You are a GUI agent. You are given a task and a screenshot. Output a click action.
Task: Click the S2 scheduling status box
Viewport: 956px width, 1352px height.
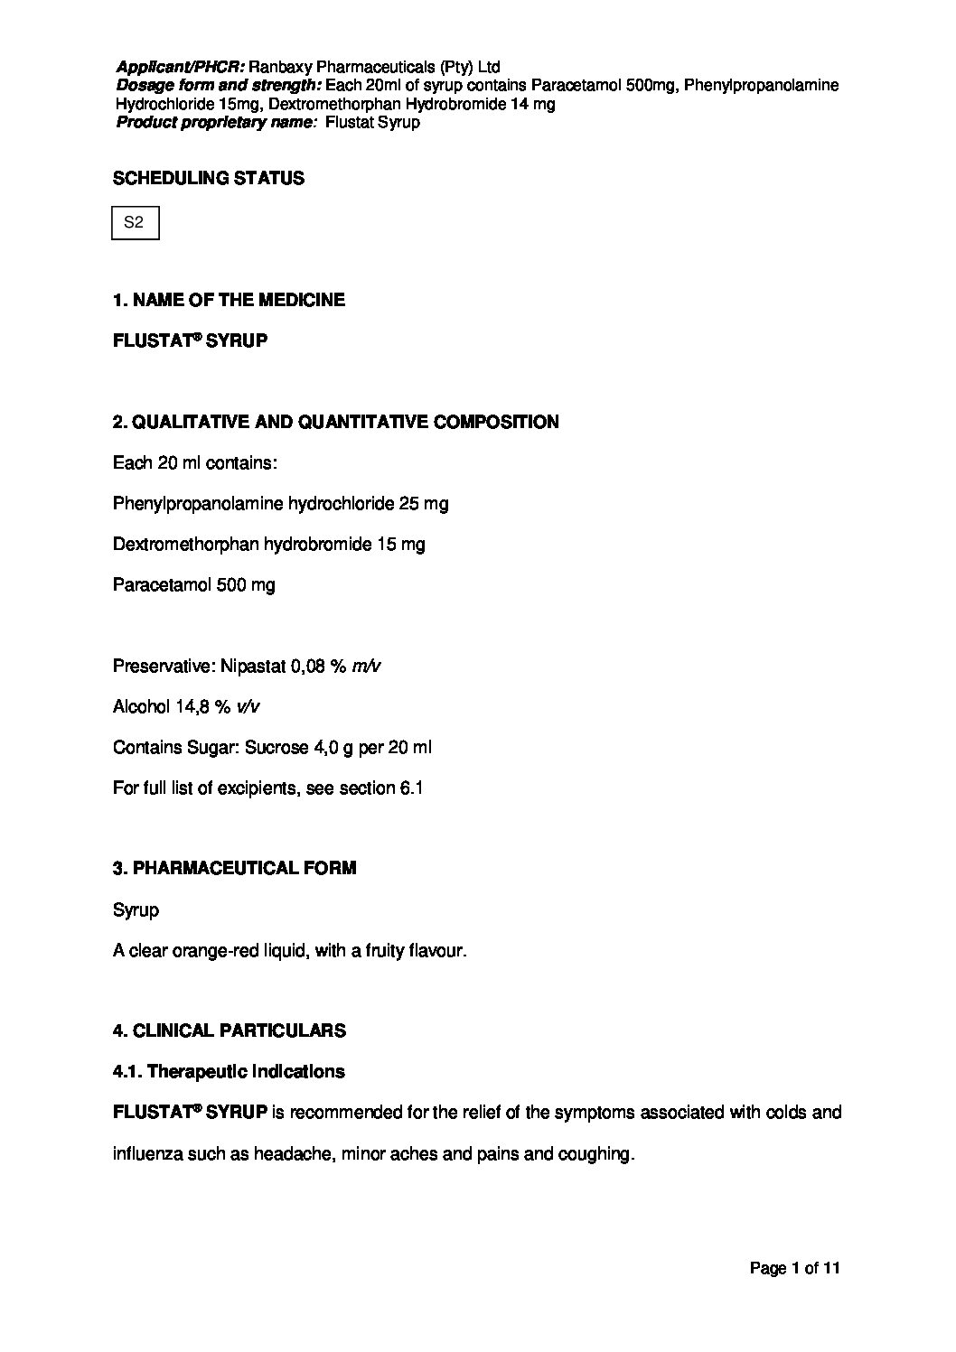coord(135,223)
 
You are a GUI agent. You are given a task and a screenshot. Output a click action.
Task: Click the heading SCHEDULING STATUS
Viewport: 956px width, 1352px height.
coord(208,179)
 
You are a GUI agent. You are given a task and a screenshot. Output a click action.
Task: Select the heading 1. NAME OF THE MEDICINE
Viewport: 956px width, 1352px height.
coord(229,300)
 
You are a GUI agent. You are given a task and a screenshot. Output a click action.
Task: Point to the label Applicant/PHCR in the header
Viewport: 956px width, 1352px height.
coord(180,67)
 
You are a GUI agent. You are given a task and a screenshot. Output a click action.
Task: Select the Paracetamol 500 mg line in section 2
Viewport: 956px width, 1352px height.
coord(193,585)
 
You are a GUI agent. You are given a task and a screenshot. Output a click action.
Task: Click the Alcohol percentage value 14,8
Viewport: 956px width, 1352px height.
coord(192,707)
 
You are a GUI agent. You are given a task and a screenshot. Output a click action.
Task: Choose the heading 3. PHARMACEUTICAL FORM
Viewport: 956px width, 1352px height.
coord(234,868)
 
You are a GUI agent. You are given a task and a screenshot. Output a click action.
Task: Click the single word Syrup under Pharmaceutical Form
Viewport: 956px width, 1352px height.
coord(136,910)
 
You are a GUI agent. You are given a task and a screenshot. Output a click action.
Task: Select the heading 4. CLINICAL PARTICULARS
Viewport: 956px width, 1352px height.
coord(229,1030)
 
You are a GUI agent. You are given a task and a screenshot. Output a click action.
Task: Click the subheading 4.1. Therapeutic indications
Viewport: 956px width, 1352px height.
coord(229,1072)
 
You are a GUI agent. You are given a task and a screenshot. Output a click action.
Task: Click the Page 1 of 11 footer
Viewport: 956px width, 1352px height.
coord(795,1268)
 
